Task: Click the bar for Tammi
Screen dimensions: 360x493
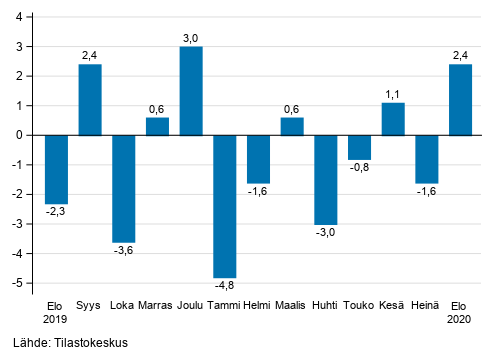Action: (x=225, y=206)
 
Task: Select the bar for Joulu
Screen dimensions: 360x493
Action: (x=191, y=91)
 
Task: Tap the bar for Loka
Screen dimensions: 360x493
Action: (x=124, y=188)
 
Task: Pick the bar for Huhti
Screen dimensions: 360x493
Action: (x=326, y=179)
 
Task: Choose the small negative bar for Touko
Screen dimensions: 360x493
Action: (x=360, y=147)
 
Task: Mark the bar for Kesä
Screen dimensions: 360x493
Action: (x=393, y=119)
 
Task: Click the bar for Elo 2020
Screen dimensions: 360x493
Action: (x=460, y=100)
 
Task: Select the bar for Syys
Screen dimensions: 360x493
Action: (x=90, y=100)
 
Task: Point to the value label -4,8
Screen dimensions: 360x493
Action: (x=225, y=287)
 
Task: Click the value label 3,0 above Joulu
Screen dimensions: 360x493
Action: (x=191, y=38)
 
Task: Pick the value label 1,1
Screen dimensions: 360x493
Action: (x=393, y=94)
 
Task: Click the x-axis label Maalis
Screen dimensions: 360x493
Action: (x=292, y=305)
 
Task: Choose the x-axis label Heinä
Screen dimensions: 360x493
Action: (x=427, y=305)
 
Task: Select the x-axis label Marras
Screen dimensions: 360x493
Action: (x=157, y=305)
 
